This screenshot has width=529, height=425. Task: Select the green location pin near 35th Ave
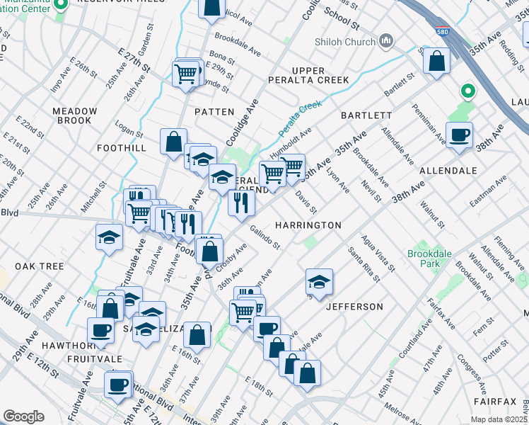pyautogui.click(x=466, y=91)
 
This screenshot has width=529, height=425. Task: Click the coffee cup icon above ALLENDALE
pyautogui.click(x=459, y=133)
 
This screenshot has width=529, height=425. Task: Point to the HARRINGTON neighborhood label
pyautogui.click(x=308, y=225)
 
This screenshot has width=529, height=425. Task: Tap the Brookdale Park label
pyautogui.click(x=424, y=259)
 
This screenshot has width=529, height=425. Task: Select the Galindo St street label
pyautogui.click(x=265, y=237)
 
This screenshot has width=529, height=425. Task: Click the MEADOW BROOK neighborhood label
pyautogui.click(x=75, y=115)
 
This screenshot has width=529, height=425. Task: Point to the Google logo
pyautogui.click(x=23, y=416)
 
